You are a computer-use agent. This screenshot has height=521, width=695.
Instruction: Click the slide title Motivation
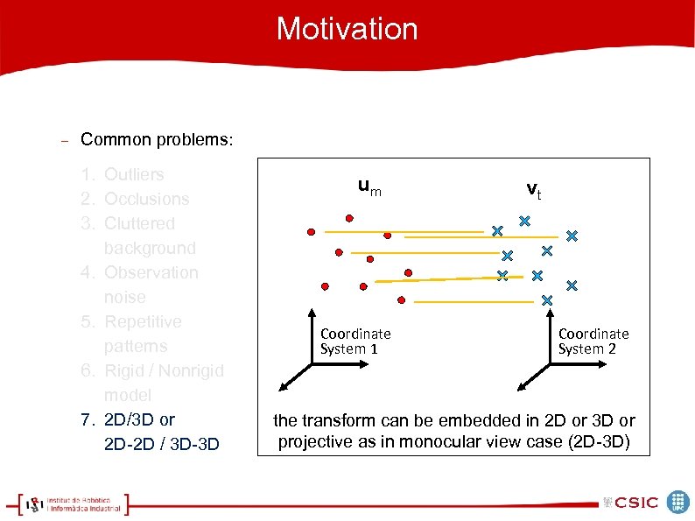pyautogui.click(x=347, y=29)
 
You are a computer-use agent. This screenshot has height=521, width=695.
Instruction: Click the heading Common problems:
pyautogui.click(x=157, y=140)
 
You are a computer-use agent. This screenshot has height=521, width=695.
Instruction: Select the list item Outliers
pyautogui.click(x=134, y=174)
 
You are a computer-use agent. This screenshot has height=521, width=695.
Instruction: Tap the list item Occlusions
pyautogui.click(x=146, y=199)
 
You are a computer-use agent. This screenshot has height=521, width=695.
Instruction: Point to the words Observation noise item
pyautogui.click(x=151, y=285)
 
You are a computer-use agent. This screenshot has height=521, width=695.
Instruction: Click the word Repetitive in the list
pyautogui.click(x=143, y=321)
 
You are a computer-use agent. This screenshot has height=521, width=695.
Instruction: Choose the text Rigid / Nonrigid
pyautogui.click(x=164, y=370)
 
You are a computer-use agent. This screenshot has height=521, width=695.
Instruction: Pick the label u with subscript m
pyautogui.click(x=369, y=187)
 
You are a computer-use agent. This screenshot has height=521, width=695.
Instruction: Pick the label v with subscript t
pyautogui.click(x=533, y=189)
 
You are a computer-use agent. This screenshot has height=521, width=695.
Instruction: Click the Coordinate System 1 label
pyautogui.click(x=355, y=341)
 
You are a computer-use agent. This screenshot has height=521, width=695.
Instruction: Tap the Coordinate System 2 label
pyautogui.click(x=593, y=341)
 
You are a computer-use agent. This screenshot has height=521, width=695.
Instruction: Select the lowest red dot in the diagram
pyautogui.click(x=401, y=300)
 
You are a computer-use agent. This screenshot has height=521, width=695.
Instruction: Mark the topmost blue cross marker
pyautogui.click(x=524, y=221)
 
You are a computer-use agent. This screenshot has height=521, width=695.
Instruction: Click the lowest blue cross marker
pyautogui.click(x=547, y=300)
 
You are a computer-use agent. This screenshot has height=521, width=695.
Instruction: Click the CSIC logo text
pyautogui.click(x=635, y=502)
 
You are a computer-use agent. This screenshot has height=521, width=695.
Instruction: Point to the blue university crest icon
pyautogui.click(x=677, y=501)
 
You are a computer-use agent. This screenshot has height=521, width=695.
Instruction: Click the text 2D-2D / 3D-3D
pyautogui.click(x=161, y=444)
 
